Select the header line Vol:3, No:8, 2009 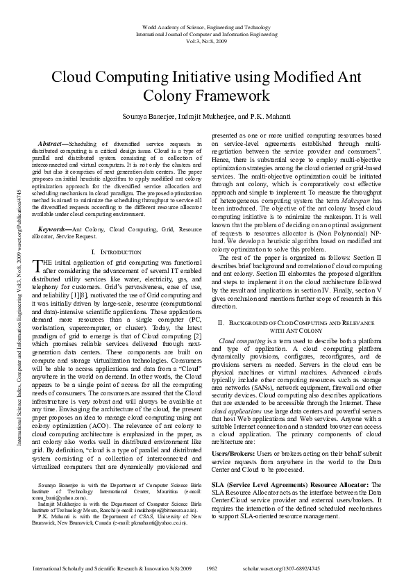tap(206, 41)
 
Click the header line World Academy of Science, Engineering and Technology tap(206, 27)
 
